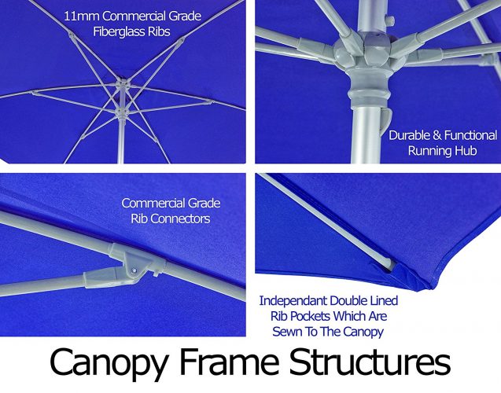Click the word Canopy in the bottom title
coord(109,362)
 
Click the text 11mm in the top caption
coord(81,17)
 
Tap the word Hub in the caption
coord(466,150)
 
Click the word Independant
coord(293,301)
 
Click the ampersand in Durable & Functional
coord(437,135)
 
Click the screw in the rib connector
coord(134,270)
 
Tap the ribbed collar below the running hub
coord(364,96)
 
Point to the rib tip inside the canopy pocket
coord(392,263)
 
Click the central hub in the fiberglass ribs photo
coord(123,83)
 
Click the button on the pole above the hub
coord(389,20)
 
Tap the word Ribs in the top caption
coord(160,32)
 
